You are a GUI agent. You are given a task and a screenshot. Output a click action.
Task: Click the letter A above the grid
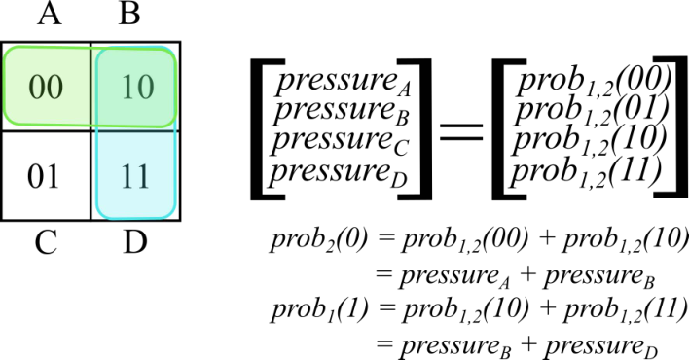(50, 14)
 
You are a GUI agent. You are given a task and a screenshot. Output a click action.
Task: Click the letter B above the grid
(129, 14)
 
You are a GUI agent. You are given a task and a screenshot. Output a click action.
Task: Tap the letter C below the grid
(46, 242)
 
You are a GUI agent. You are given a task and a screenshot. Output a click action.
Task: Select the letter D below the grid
(135, 242)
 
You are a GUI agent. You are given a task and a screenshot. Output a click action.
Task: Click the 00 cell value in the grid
(46, 87)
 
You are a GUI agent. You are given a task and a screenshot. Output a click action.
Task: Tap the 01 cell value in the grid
(43, 177)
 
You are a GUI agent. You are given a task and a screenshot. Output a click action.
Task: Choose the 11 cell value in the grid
(135, 177)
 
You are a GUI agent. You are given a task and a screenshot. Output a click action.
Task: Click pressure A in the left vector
(344, 82)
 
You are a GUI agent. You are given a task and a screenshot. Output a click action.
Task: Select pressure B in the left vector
(341, 110)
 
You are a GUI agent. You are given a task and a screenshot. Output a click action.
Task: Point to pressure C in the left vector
(340, 140)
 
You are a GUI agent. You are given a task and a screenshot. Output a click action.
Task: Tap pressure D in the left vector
(339, 170)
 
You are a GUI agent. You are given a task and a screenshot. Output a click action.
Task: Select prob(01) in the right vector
(592, 110)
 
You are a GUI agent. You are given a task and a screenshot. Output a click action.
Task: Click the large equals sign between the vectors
(461, 131)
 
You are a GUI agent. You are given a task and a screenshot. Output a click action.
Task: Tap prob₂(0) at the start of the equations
(319, 241)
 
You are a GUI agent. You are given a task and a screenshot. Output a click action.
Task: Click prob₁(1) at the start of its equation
(319, 309)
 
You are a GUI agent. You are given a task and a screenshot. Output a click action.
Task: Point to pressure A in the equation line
(454, 277)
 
